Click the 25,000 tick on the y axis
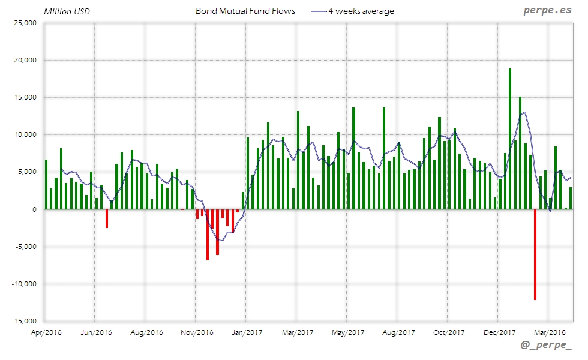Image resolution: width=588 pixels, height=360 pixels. coord(25,23)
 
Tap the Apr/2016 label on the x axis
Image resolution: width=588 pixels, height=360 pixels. coord(45,332)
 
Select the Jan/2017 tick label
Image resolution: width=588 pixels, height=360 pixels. coord(247,332)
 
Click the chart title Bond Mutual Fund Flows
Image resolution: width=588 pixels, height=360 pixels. coord(245,11)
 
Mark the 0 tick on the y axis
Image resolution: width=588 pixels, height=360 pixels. coord(34,209)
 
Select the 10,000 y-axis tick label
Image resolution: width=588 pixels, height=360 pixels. coord(25,135)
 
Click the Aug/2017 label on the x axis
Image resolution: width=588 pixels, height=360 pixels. coord(398,332)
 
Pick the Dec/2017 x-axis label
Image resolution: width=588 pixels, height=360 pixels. coord(499,332)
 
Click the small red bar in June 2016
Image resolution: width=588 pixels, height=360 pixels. coord(107,218)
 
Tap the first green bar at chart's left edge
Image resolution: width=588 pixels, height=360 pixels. coord(46,185)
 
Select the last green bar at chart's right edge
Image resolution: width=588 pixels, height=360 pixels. coord(571,199)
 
